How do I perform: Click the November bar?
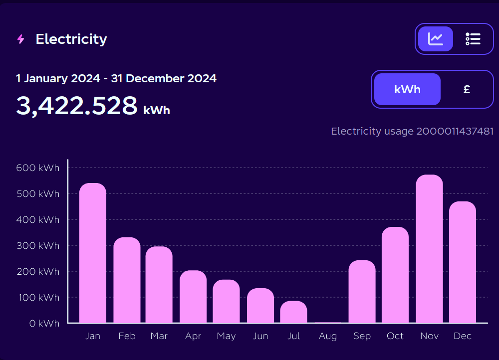429,249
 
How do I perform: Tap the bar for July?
293,312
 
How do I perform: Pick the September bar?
362,292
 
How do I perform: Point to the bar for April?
193,297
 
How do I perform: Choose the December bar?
463,262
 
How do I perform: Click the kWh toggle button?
407,89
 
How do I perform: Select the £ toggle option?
467,89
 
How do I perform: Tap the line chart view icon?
435,39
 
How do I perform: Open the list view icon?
473,39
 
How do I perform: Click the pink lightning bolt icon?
20,39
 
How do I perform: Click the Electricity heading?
71,39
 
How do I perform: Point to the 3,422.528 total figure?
77,106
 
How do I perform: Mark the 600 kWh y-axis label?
37,168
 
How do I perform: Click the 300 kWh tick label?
37,246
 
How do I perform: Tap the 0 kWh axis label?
44,324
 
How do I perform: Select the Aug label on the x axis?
328,336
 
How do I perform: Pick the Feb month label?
127,336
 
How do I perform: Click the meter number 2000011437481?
455,131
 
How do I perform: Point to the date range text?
116,78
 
